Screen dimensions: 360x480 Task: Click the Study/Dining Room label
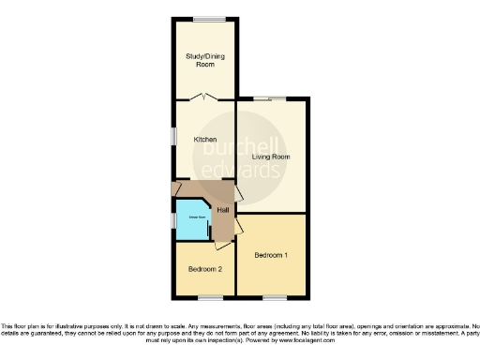pos(204,60)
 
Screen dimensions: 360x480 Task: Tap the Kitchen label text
pos(204,140)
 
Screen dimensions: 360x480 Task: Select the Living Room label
pos(271,156)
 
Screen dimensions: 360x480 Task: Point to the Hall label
pos(222,209)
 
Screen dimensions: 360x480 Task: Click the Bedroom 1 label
pos(271,255)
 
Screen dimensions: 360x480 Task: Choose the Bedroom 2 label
pos(204,269)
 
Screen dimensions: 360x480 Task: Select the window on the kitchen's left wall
pos(173,136)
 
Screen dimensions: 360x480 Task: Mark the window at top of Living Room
pos(270,97)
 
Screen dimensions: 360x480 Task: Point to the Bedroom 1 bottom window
pos(274,298)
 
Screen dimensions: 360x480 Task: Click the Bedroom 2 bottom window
pos(210,298)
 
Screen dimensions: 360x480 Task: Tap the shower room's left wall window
pos(173,219)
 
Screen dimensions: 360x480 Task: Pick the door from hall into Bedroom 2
pos(220,243)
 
